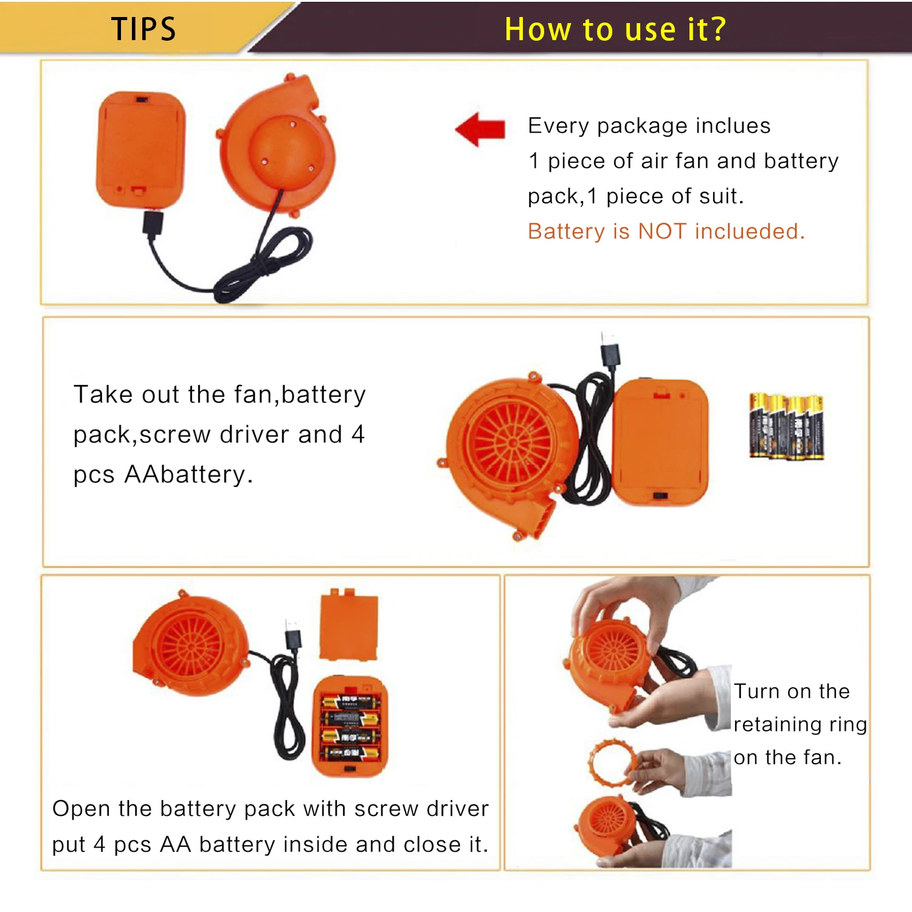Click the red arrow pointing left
[x=480, y=129]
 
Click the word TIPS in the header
[x=143, y=29]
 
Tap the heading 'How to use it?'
[x=615, y=29]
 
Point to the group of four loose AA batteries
[x=787, y=426]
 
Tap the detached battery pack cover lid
[x=349, y=624]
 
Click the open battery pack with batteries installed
[x=350, y=726]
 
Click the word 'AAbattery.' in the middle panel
[x=188, y=474]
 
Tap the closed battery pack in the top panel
[x=140, y=150]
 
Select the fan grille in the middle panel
[x=512, y=443]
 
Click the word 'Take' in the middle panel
[x=103, y=395]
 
